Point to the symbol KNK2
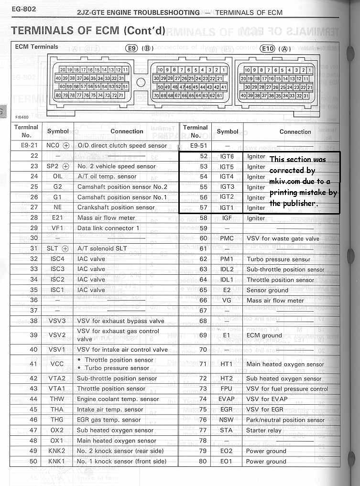(x=57, y=451)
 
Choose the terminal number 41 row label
(x=33, y=364)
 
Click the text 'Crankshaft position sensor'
(x=116, y=207)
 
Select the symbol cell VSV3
(x=57, y=321)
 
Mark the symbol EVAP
(x=227, y=400)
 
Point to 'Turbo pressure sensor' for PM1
(x=278, y=259)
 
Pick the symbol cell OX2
(x=57, y=431)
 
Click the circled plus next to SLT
(x=65, y=249)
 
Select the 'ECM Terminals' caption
(x=37, y=47)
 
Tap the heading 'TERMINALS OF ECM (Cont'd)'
(x=88, y=31)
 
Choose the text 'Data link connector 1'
(x=108, y=228)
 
